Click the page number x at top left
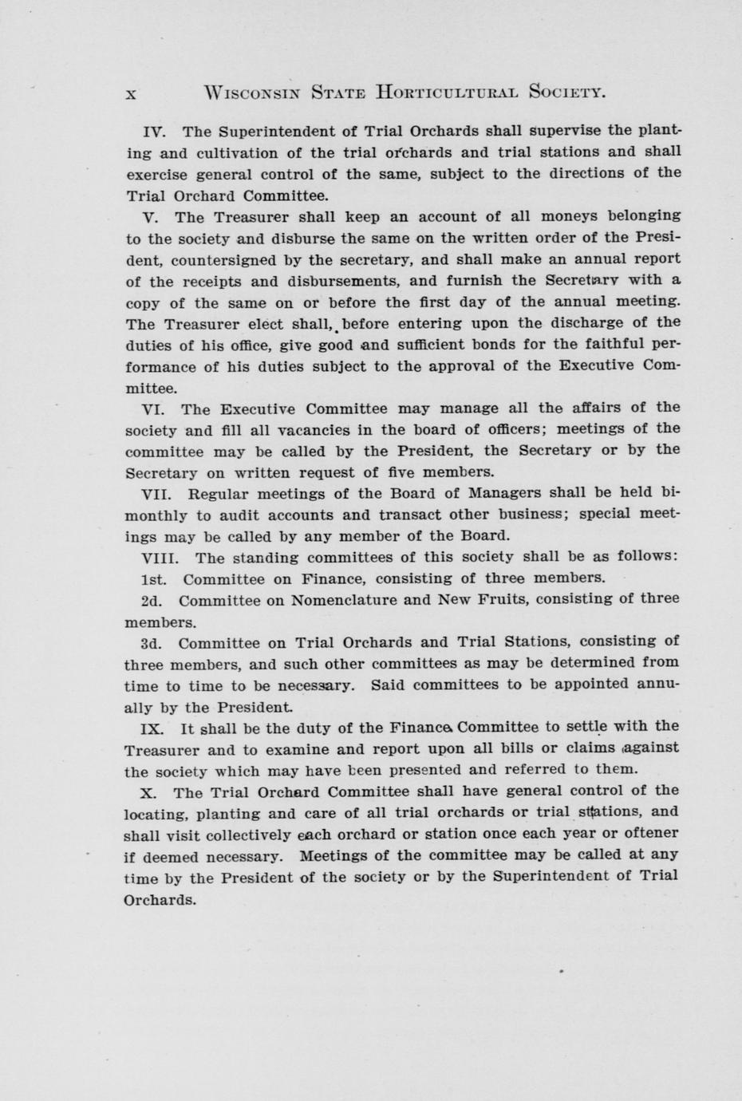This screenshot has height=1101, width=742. click(x=132, y=94)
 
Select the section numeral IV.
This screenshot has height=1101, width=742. click(x=152, y=131)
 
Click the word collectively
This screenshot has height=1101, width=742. click(x=242, y=835)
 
